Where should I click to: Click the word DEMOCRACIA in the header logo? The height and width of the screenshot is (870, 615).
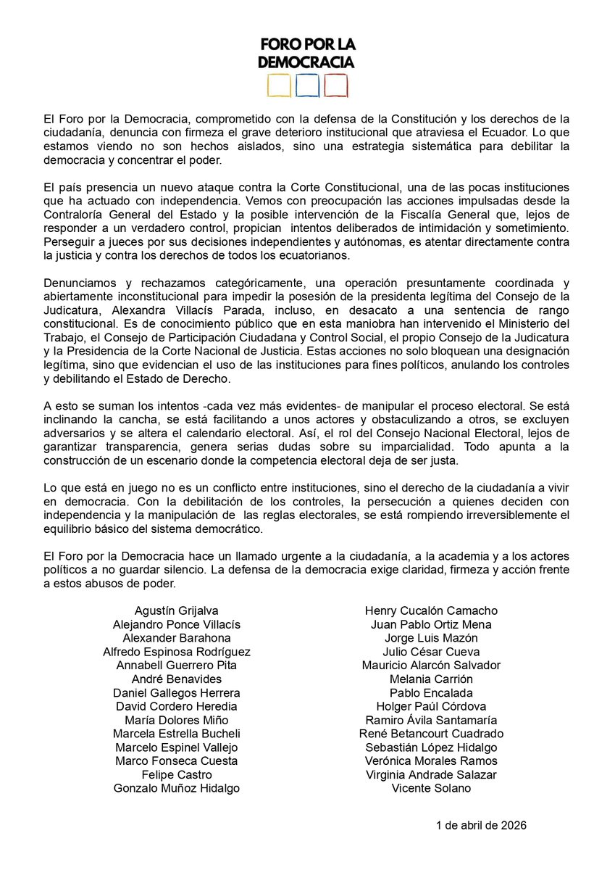(x=306, y=62)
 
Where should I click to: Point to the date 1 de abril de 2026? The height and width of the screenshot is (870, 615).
(x=481, y=826)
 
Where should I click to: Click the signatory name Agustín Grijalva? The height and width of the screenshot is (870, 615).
(x=177, y=610)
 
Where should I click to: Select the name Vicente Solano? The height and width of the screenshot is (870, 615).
(x=431, y=788)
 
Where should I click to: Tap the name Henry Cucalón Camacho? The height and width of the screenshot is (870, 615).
(x=431, y=610)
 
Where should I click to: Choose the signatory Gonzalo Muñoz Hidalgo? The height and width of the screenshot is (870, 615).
(x=177, y=788)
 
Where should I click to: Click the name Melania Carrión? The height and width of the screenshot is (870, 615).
(x=431, y=679)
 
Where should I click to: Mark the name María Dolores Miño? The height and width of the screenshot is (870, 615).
(x=177, y=720)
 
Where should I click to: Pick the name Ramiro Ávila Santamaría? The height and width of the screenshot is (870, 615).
(x=431, y=720)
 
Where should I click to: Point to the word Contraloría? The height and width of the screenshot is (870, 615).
(x=75, y=214)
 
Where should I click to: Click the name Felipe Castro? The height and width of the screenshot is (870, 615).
(x=177, y=774)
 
